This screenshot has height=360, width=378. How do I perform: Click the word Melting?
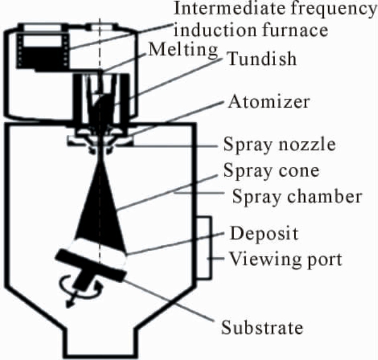(x=183, y=50)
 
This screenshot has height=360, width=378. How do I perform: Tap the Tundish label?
(x=262, y=58)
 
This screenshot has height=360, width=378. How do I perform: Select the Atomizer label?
(x=269, y=102)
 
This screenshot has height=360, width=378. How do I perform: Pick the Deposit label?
(x=264, y=234)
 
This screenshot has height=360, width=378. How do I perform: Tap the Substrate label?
(x=262, y=327)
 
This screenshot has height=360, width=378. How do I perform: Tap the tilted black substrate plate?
(x=91, y=265)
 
